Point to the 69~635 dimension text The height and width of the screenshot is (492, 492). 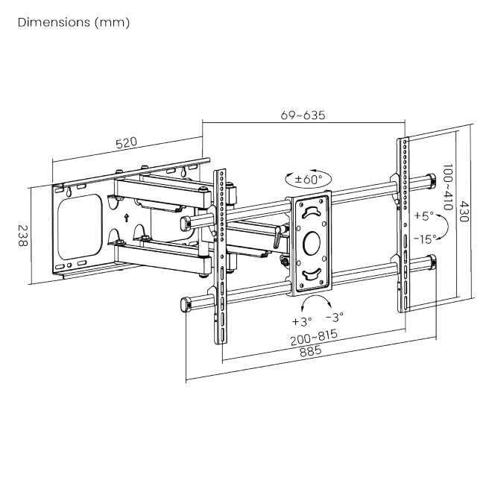[x=302, y=116]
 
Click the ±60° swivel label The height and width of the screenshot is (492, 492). [x=307, y=180]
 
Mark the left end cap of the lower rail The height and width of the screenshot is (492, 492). [x=186, y=303]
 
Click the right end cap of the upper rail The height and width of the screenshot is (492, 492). [x=431, y=180]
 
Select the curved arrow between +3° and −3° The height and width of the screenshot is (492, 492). [x=315, y=302]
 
